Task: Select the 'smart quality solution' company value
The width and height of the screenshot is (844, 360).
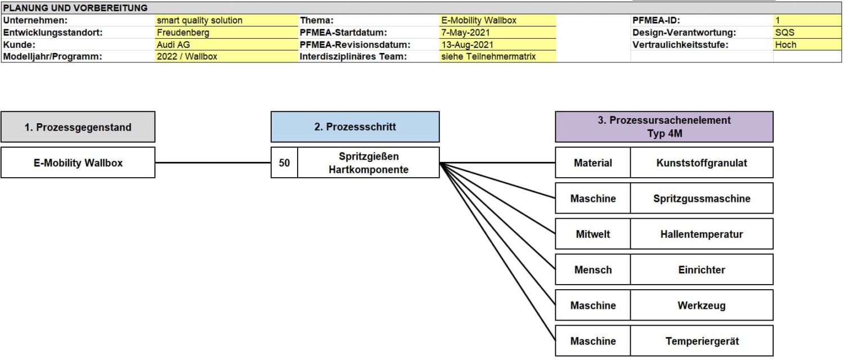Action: [200, 20]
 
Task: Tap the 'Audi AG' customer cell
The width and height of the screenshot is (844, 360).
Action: [175, 44]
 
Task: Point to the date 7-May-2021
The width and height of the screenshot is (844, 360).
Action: [465, 33]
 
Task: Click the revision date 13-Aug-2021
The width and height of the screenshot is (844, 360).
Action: [467, 44]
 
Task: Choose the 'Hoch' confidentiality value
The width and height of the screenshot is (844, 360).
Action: [785, 44]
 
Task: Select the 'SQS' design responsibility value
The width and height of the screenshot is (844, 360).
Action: [784, 33]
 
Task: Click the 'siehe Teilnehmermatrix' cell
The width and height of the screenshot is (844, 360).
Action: [488, 56]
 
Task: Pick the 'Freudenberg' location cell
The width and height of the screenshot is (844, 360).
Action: [183, 33]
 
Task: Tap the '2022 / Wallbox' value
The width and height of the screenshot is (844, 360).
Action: [187, 56]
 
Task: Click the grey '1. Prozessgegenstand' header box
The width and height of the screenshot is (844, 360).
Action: [78, 127]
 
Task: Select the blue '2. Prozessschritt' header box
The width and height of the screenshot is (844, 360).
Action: [355, 127]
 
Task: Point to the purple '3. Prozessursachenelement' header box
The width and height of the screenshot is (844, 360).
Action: [664, 127]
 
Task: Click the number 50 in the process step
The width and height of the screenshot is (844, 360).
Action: [284, 163]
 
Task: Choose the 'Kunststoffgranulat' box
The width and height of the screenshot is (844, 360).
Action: [702, 163]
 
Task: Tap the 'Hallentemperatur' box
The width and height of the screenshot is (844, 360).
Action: [702, 234]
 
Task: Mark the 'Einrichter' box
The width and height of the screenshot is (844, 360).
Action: [702, 269]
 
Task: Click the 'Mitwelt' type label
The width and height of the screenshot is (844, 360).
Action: [592, 234]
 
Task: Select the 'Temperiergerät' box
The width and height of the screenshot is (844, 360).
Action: [702, 341]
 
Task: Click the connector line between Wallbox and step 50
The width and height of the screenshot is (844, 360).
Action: [213, 163]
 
